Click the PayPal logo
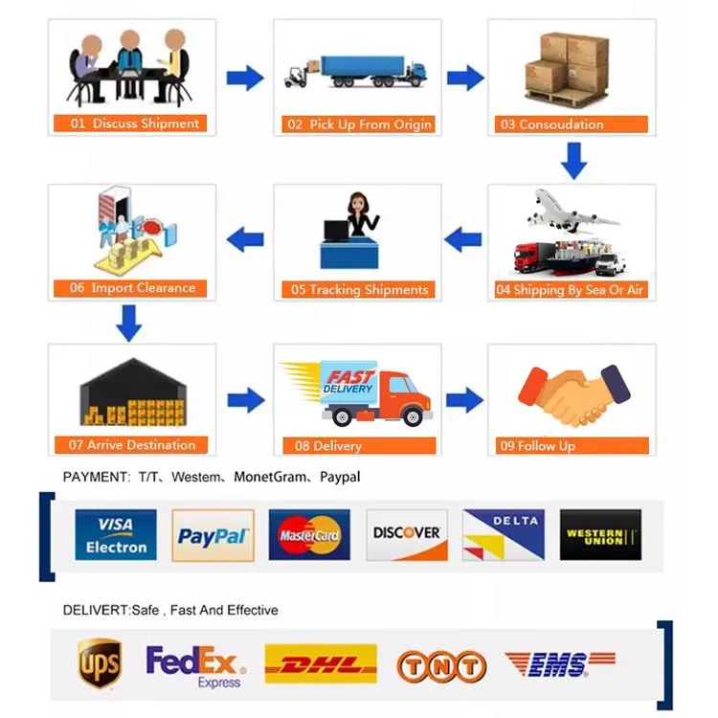tap(213, 534)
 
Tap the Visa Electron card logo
tap(116, 534)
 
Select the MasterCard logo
tap(309, 534)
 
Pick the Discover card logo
tap(407, 534)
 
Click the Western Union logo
tap(600, 534)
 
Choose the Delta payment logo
tap(504, 534)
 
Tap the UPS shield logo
tap(100, 663)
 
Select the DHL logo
tap(320, 663)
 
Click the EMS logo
tap(560, 663)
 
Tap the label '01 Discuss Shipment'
tap(133, 123)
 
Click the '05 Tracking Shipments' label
tap(359, 289)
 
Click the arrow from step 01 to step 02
tap(245, 78)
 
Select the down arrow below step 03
tap(573, 161)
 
